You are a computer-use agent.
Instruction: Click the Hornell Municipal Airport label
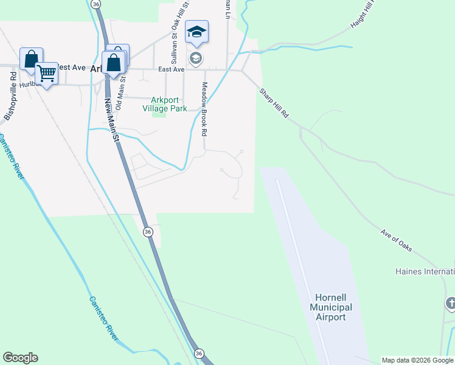click(330, 307)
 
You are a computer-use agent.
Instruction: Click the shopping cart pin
click(46, 74)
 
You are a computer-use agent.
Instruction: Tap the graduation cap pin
click(196, 32)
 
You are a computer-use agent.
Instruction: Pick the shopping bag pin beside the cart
click(31, 59)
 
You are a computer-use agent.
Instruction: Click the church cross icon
click(451, 302)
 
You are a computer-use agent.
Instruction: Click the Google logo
click(20, 358)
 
